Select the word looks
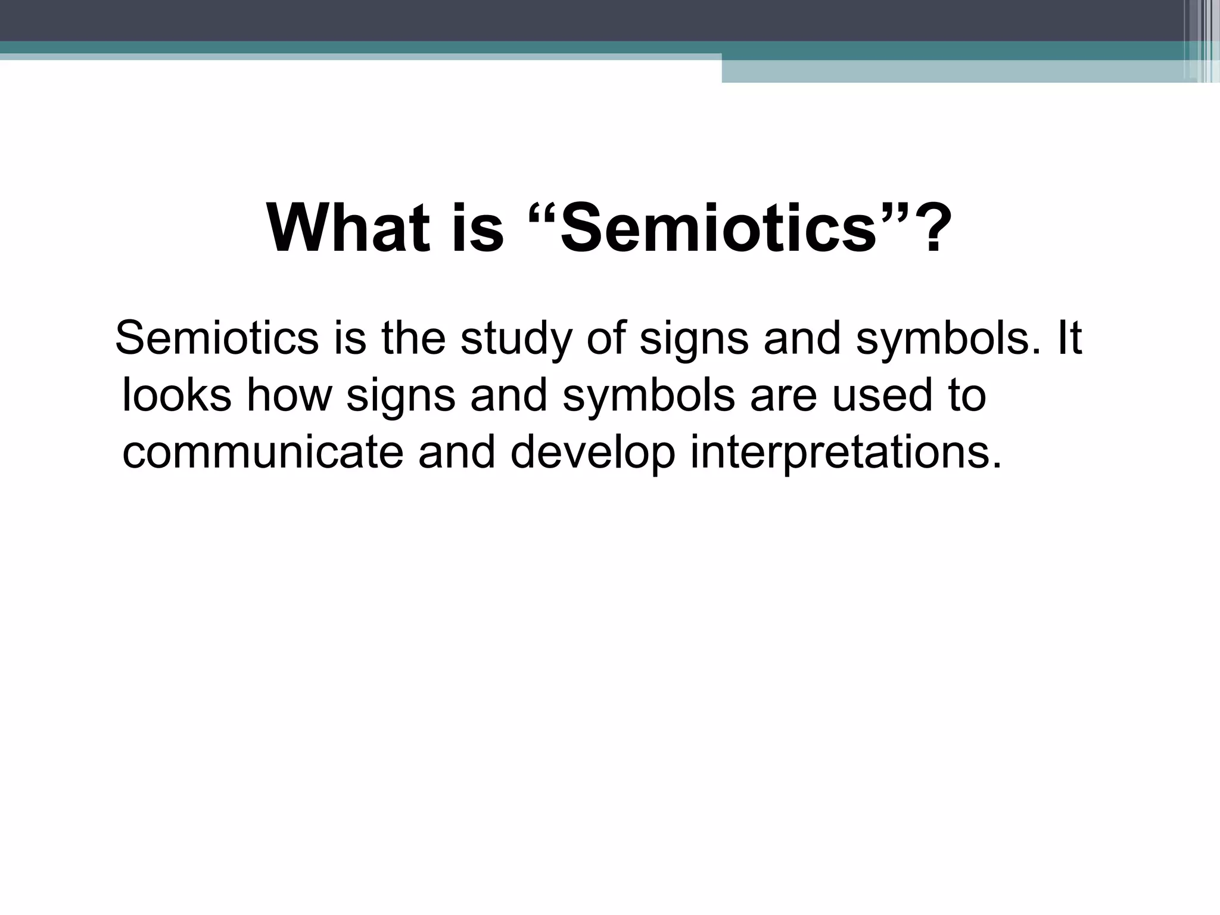pyautogui.click(x=176, y=396)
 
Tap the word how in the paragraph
pyautogui.click(x=288, y=396)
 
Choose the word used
pyautogui.click(x=882, y=396)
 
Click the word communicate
pyautogui.click(x=263, y=452)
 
